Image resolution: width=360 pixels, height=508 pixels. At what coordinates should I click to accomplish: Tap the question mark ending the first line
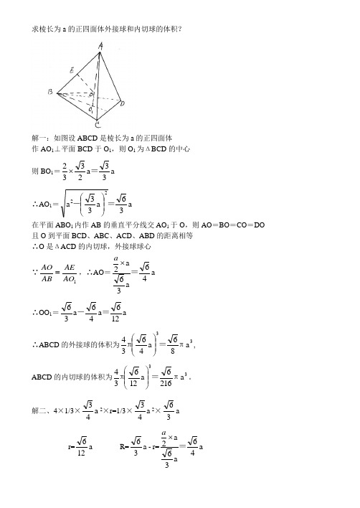click(x=189, y=28)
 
